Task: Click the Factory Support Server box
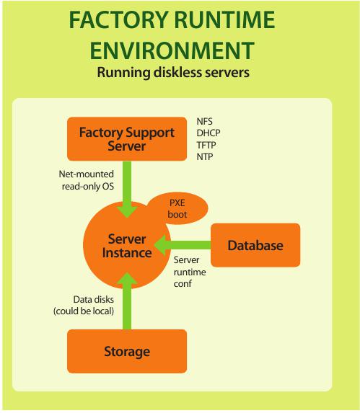[x=127, y=139]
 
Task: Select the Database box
[x=255, y=245]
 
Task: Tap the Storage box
[x=127, y=351]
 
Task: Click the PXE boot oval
[x=178, y=208]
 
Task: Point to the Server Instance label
[x=127, y=246]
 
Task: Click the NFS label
[x=204, y=121]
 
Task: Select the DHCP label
[x=208, y=133]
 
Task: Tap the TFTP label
[x=206, y=145]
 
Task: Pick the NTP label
[x=205, y=156]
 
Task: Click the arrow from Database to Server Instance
[x=183, y=245]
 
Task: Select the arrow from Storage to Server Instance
[x=127, y=301]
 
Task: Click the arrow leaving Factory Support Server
[x=127, y=190]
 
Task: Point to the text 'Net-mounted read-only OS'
[x=87, y=180]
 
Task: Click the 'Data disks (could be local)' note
[x=84, y=306]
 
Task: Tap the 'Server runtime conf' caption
[x=190, y=272]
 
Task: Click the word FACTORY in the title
[x=118, y=19]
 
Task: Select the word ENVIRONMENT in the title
[x=172, y=50]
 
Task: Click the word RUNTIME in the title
[x=225, y=19]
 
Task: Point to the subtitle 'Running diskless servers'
[x=173, y=72]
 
